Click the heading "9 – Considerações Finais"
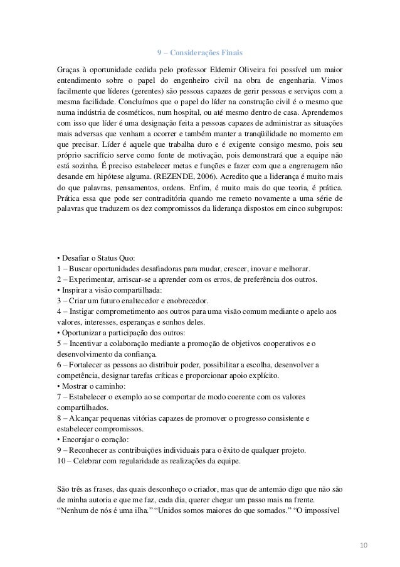199,51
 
